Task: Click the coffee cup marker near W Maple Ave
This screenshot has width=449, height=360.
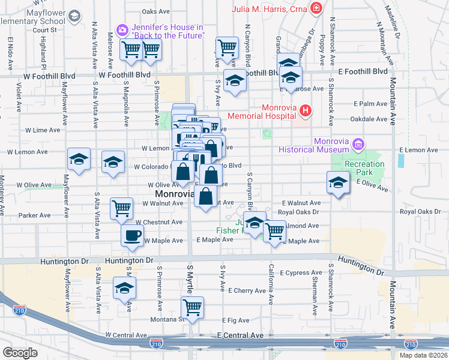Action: (x=132, y=235)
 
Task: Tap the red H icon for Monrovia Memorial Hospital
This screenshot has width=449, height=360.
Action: (x=306, y=110)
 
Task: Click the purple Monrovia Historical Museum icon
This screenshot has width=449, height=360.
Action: (x=358, y=144)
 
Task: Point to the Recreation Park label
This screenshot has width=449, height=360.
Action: (x=364, y=169)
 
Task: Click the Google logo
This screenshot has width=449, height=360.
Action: (x=20, y=353)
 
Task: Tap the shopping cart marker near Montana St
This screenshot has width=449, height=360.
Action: (x=192, y=308)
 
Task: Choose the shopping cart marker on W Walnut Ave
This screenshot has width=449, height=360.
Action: (x=121, y=208)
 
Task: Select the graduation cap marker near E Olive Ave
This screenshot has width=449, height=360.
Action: (x=338, y=182)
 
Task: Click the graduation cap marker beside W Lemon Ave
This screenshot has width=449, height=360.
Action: (x=79, y=159)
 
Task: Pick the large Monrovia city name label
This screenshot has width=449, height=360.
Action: (x=175, y=194)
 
